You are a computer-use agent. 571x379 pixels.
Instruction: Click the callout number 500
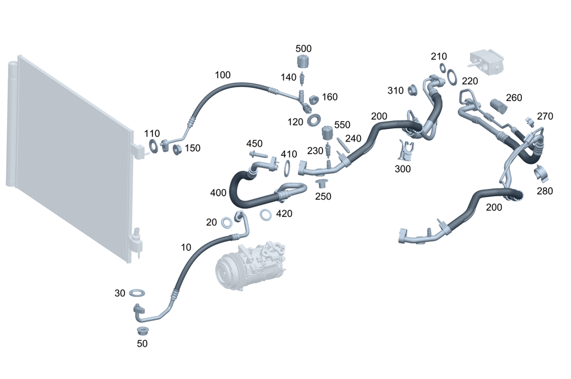point(304,49)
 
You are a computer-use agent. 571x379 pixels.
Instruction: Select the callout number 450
point(254,143)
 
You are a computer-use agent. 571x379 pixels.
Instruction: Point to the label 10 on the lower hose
point(186,247)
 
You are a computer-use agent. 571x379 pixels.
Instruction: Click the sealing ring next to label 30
point(137,293)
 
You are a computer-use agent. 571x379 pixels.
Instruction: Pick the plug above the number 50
point(141,330)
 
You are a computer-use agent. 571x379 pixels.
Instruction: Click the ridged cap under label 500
point(303,62)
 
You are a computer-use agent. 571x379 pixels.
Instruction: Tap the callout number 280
point(545,191)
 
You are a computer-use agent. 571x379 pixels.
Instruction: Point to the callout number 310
point(395,91)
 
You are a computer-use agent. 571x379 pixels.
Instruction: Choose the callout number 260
point(514,98)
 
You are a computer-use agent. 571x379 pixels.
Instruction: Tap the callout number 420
point(284,214)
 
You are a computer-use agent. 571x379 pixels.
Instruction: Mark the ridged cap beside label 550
point(328,132)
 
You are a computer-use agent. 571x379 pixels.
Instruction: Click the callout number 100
point(223,75)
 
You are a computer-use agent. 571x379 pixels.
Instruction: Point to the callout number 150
point(192,148)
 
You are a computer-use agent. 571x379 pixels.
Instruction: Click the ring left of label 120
point(313,120)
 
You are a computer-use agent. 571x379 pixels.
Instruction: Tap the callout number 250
point(324,197)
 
